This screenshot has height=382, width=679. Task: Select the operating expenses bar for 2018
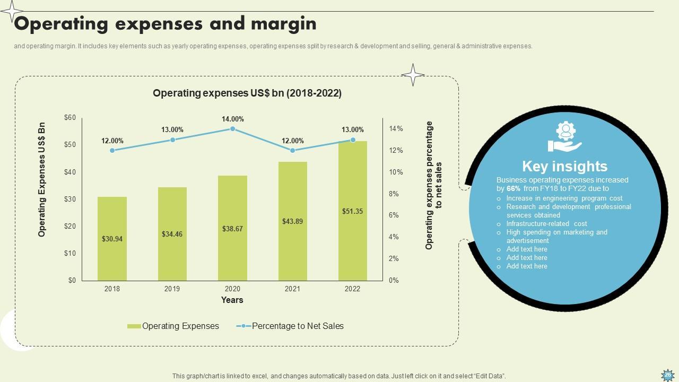[x=112, y=239]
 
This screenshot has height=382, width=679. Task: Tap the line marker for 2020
[x=232, y=129]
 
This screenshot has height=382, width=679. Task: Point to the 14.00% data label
[x=232, y=119]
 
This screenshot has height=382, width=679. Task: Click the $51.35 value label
[x=352, y=211]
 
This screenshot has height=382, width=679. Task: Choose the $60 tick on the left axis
[x=70, y=118]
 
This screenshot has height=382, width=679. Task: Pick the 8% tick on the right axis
[x=393, y=194]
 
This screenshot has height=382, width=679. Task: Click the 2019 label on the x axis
[x=172, y=289]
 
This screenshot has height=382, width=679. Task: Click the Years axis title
[x=232, y=300]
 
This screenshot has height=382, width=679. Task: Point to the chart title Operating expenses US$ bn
[x=247, y=93]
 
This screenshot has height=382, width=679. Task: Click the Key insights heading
[x=564, y=166]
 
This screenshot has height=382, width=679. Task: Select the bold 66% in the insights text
[x=513, y=188]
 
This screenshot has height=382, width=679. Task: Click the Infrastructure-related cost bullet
[x=546, y=224]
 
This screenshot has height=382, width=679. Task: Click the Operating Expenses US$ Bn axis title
[x=42, y=180]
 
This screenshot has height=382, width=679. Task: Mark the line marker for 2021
[x=292, y=151]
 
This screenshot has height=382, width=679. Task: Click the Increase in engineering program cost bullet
[x=564, y=198]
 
